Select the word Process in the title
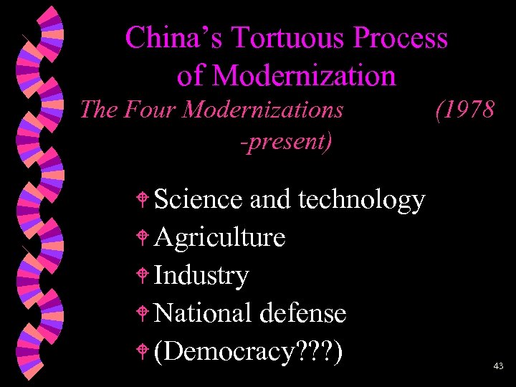click(x=396, y=38)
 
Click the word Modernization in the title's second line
click(x=304, y=75)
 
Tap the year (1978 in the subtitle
click(x=464, y=110)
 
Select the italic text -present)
click(x=286, y=141)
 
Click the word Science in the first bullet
click(x=198, y=199)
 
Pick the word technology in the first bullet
click(x=361, y=199)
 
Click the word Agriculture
click(x=219, y=237)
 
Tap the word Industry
click(x=201, y=275)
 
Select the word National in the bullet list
click(x=203, y=312)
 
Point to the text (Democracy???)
click(x=248, y=351)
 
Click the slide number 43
click(x=499, y=366)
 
